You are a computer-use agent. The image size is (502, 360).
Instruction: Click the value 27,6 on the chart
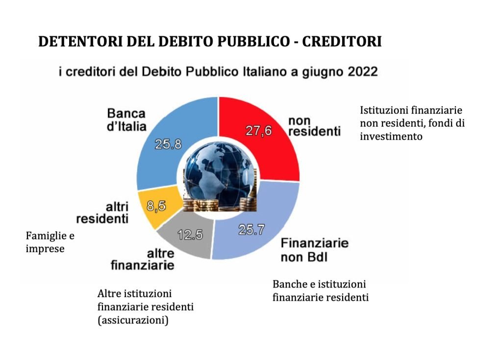coord(259,132)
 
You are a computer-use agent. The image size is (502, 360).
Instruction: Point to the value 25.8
coord(168,144)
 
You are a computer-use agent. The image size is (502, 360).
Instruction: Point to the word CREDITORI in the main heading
coord(342,42)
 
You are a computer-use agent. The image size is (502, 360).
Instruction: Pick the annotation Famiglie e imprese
coord(50,242)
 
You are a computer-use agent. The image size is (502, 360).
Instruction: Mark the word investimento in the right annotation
coord(391,137)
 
